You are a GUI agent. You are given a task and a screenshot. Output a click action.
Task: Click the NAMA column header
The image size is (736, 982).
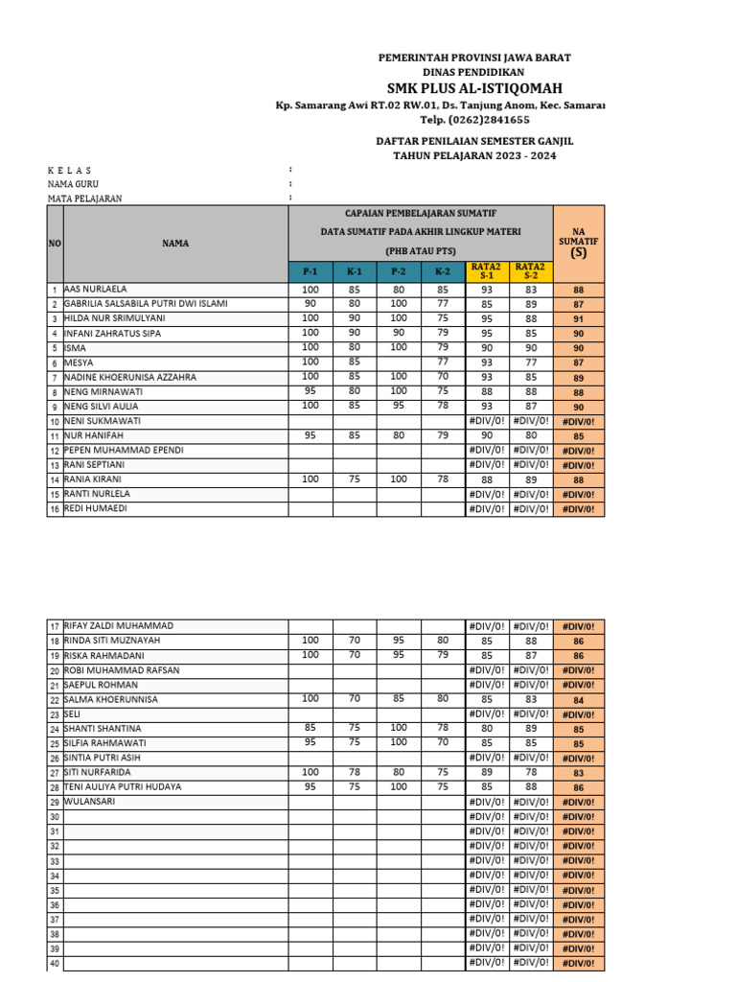175,244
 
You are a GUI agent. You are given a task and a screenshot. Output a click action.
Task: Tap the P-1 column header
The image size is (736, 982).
310,272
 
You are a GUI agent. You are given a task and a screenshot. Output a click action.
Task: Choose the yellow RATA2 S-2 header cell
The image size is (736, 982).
531,272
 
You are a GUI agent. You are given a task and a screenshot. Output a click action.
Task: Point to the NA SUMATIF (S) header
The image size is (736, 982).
578,244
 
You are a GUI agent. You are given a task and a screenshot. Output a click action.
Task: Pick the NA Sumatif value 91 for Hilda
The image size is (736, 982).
578,319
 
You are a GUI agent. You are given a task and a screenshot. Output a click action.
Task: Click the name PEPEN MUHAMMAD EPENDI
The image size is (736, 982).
124,450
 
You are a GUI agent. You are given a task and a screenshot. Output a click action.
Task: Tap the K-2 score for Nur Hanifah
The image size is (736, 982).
443,435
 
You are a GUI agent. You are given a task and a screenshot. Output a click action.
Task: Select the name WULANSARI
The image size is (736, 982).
89,802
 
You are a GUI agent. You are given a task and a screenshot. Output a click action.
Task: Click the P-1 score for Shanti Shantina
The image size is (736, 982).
310,728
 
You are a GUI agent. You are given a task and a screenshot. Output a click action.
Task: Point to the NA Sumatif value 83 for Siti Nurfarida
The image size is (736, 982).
578,773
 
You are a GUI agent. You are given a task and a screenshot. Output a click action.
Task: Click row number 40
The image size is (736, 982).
55,963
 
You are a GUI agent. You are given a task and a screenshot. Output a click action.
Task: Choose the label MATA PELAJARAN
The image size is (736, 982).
85,199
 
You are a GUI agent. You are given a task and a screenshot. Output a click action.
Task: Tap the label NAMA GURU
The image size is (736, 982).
73,183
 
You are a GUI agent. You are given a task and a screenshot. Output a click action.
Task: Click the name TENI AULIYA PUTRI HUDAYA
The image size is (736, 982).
123,786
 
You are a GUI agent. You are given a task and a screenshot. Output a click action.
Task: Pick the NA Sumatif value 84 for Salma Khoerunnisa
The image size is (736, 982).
578,700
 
